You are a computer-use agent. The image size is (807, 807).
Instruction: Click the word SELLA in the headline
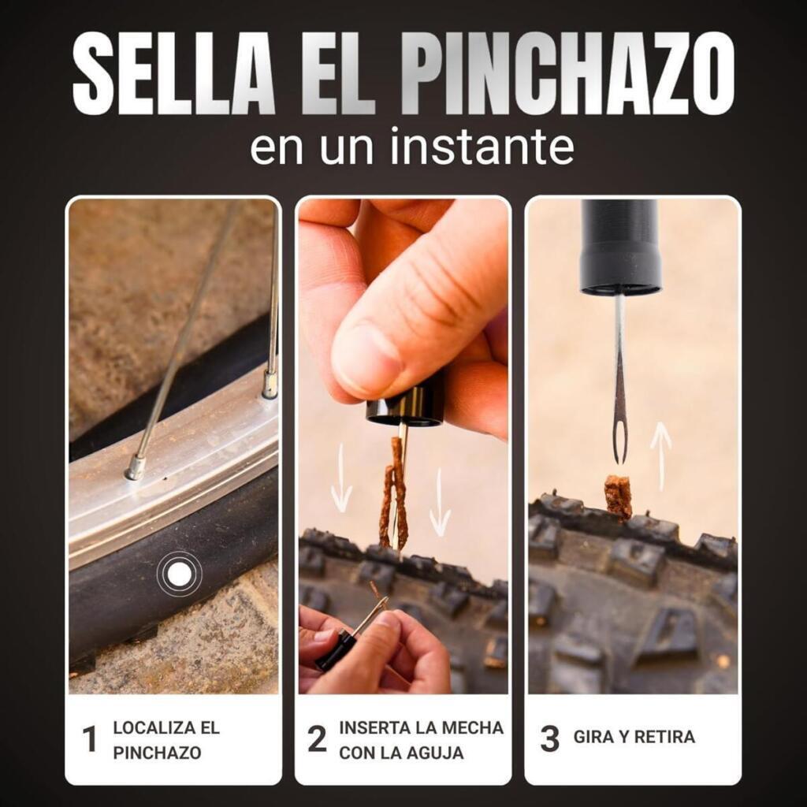point(173,73)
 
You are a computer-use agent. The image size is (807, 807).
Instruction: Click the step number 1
point(90,739)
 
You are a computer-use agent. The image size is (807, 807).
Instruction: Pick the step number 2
point(317,739)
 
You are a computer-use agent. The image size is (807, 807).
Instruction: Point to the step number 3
point(549,739)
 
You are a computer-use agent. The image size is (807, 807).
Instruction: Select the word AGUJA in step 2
point(438,753)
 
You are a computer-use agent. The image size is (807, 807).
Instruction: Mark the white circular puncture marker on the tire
point(179,574)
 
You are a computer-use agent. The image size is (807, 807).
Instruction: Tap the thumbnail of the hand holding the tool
point(374,648)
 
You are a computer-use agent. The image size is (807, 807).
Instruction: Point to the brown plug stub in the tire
point(618,496)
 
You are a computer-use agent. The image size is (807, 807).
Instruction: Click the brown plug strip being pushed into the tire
point(394,494)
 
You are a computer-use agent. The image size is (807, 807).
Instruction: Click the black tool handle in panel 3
point(621,247)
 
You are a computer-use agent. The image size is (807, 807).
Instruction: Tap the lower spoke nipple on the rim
point(136,467)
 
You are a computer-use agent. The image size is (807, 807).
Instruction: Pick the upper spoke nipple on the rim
point(270,384)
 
